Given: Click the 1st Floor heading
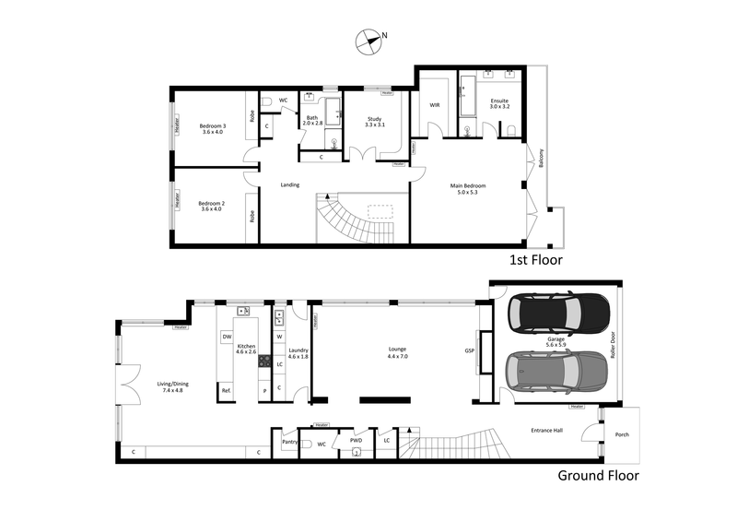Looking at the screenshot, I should [x=535, y=260].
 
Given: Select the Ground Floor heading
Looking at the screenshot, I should [x=598, y=476].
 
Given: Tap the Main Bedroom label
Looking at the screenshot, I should [x=467, y=190].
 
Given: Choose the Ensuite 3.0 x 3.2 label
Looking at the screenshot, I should [x=498, y=103].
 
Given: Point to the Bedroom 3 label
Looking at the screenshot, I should [x=212, y=128].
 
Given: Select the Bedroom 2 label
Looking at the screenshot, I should [x=212, y=206].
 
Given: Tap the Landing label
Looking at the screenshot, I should [x=289, y=185].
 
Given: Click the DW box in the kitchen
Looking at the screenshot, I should [x=227, y=338].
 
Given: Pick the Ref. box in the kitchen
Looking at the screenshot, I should [x=226, y=391].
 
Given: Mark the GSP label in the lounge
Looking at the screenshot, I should [x=470, y=350].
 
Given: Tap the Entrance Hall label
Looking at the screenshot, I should [x=548, y=431].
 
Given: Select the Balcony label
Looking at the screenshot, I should [x=541, y=160].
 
